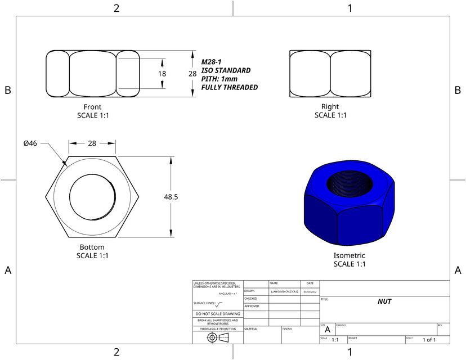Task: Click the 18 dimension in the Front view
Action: point(162,74)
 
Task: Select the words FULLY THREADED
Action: point(229,88)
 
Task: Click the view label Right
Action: point(330,107)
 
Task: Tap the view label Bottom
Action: point(92,247)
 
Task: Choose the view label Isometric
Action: point(349,255)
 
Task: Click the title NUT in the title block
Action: point(384,301)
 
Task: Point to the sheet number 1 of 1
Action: point(429,340)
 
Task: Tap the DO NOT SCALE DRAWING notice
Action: point(217,313)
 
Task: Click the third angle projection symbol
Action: point(218,337)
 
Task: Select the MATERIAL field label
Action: point(251,328)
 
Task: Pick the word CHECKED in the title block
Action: point(250,299)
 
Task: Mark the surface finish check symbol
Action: point(219,304)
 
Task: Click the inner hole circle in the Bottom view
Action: point(92,196)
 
